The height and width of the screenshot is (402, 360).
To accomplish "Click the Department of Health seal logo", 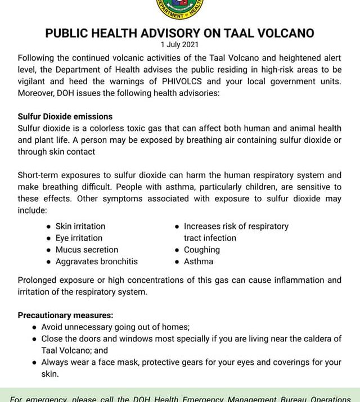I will coord(179,8).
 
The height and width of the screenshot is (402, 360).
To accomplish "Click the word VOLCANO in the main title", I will coord(282,33).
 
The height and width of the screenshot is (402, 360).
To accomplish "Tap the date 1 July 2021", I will coord(179,44).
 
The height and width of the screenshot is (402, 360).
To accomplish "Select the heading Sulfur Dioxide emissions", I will coord(65,117).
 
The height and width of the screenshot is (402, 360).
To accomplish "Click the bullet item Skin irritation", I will coord(80,226).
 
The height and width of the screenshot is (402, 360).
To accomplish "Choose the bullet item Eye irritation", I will coord(79,238).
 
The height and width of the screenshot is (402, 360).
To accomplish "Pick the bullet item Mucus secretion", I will coord(87,250).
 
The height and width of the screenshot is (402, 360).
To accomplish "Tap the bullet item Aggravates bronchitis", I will coord(96,261).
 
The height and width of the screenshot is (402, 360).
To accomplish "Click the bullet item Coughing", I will coord(201,250).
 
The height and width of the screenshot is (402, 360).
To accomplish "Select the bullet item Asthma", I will coord(199,261).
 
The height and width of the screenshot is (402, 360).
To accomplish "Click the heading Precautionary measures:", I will coord(65,315).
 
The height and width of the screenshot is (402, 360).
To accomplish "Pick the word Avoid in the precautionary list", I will coord(52,327).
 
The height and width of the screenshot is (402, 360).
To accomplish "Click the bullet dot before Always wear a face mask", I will coord(35,363).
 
